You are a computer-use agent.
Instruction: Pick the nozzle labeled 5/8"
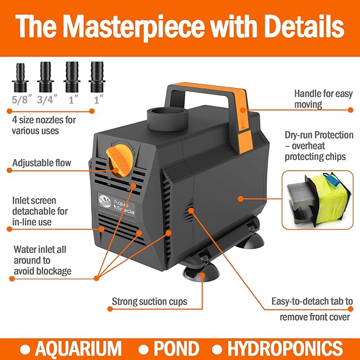click(x=20, y=77)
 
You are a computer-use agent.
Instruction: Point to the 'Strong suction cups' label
click(x=149, y=302)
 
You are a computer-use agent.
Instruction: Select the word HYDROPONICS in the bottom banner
click(x=285, y=348)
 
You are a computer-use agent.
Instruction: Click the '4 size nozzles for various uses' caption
click(x=43, y=125)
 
